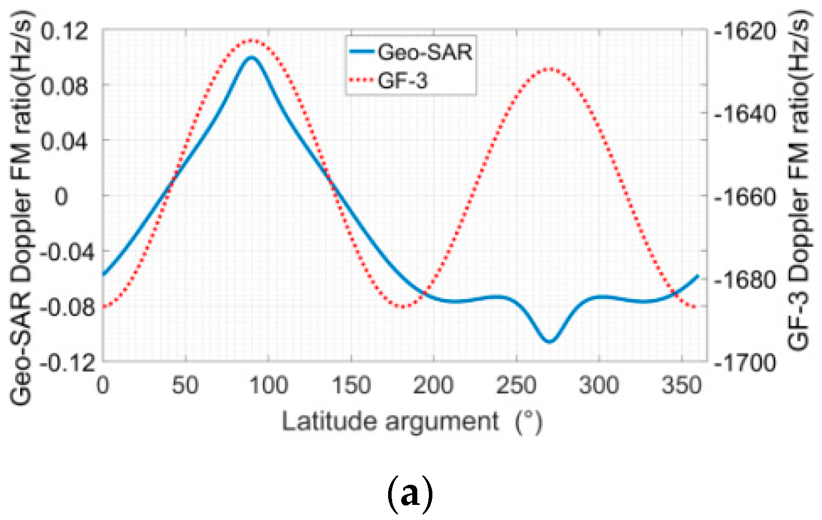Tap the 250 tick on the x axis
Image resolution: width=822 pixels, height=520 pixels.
[x=516, y=387]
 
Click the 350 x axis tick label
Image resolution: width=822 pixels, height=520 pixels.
[x=682, y=387]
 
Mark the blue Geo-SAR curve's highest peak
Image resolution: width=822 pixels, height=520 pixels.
[x=251, y=57]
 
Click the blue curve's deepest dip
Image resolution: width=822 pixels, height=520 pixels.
[x=549, y=341]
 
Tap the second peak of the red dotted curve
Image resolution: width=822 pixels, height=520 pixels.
[x=549, y=68]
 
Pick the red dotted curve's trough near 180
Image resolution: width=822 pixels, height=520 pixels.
[x=402, y=306]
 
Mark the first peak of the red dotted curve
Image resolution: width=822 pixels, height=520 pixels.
[x=251, y=40]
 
